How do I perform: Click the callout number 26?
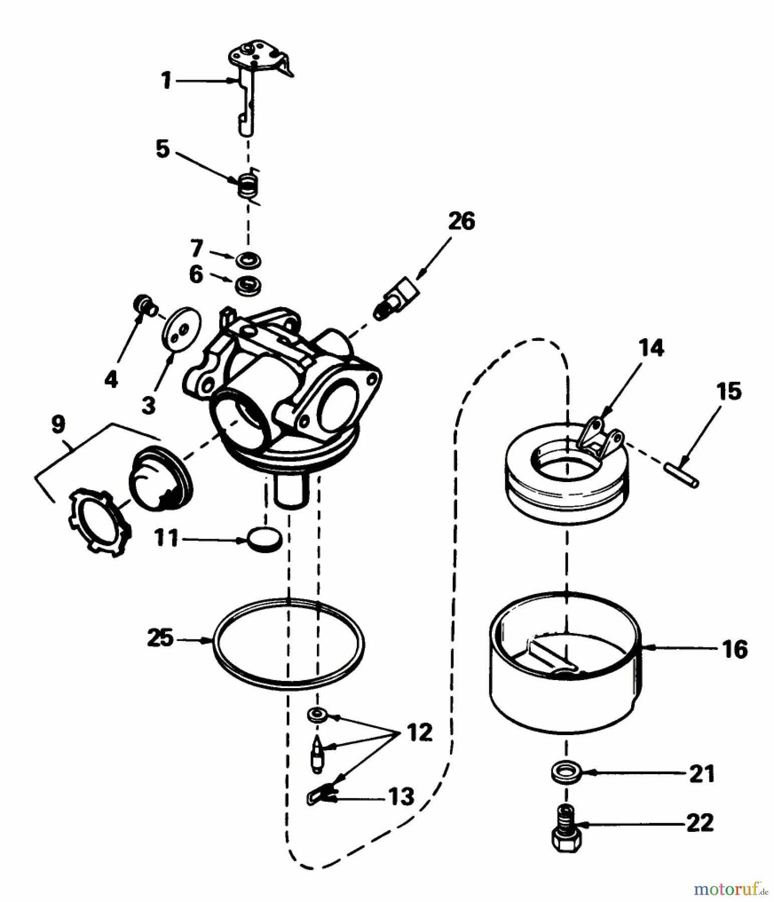[x=461, y=221]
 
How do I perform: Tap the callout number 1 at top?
[x=166, y=80]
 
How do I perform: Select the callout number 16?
[x=735, y=649]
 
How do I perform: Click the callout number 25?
[x=160, y=639]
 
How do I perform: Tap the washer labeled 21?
[x=564, y=772]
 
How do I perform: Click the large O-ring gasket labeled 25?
[x=288, y=686]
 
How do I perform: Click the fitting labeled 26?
[x=399, y=298]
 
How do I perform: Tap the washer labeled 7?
[x=247, y=260]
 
